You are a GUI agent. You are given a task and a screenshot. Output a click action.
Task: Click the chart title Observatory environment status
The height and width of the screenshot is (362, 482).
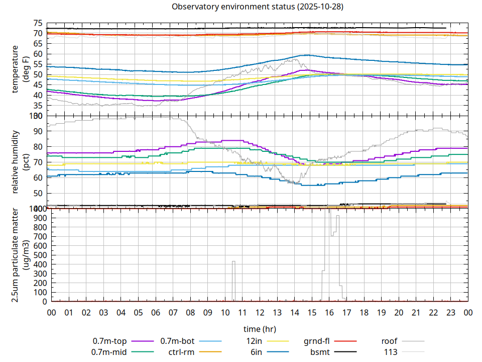[x=258, y=7]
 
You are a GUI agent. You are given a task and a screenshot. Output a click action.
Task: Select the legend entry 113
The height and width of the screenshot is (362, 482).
[x=391, y=352]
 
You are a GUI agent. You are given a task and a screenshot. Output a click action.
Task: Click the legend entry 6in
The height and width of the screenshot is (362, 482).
[x=256, y=352]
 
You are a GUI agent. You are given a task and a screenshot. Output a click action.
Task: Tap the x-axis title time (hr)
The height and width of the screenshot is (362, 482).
[x=260, y=329]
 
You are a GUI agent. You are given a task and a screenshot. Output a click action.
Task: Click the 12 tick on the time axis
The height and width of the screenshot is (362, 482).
[x=260, y=312]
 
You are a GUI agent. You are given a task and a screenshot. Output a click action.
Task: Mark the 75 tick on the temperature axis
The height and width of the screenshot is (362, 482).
[x=38, y=23]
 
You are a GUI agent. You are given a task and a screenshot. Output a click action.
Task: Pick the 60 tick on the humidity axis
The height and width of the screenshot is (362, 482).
[x=38, y=177]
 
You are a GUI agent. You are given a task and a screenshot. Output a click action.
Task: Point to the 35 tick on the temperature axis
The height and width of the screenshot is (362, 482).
[x=38, y=106]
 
